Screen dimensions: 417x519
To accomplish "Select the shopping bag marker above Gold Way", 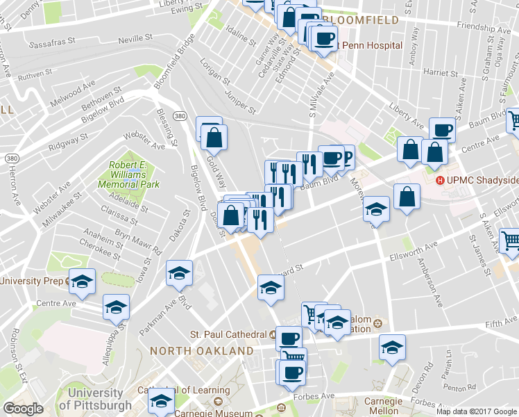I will coord(214,137).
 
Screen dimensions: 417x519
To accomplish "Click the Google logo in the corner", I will coord(22,409).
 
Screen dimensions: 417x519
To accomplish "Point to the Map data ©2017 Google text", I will coord(477,411).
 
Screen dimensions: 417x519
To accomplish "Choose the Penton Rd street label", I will coord(462,387).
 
